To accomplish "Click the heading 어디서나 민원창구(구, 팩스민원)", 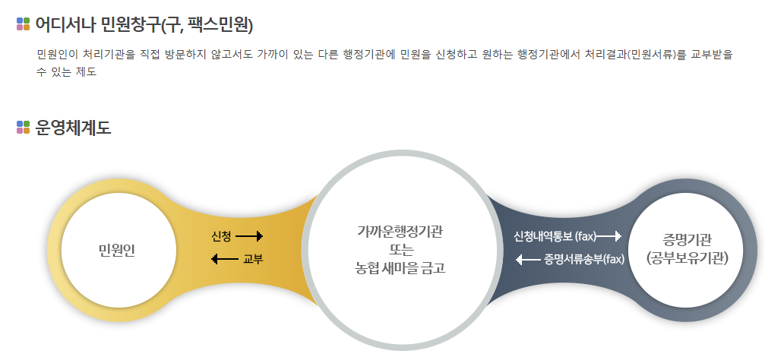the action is pos(144,25).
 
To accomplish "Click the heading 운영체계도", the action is pos(73,128).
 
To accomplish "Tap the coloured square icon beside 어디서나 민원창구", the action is pos(23,24).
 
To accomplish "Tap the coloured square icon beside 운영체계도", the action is pos(23,128).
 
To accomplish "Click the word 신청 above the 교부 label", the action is pos(222,236).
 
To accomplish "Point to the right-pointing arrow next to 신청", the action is pos(249,236).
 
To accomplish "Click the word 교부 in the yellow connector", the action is pos(252,260).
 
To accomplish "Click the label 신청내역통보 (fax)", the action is pos(554,235).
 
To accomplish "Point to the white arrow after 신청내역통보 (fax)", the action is pos(609,235).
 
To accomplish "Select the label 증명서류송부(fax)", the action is pos(583,260).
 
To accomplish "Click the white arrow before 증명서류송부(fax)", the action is pos(529,260).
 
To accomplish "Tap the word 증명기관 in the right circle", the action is pos(688,239).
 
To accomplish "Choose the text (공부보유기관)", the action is pos(688,258).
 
